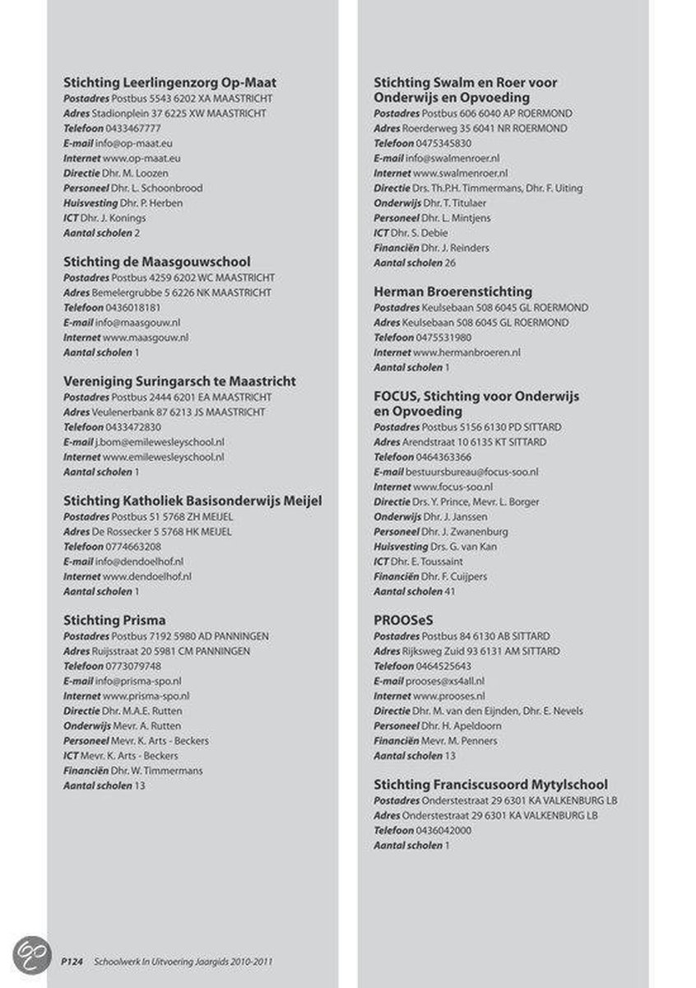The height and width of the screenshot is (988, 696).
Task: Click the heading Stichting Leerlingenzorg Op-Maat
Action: pos(169,82)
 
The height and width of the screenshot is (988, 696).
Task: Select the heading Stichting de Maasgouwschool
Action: pos(157,262)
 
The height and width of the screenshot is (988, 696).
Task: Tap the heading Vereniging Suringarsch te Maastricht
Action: pos(179,381)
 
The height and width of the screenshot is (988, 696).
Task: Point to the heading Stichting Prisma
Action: pos(114,620)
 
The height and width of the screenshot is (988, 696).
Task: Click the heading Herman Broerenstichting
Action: pos(452,291)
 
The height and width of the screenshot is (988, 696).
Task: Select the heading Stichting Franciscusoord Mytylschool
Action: pos(490,785)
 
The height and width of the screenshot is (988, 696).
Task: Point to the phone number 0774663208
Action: pos(133,546)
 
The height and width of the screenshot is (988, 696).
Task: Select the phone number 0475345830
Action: pos(443,142)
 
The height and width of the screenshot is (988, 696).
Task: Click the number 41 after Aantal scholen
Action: pos(450,591)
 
